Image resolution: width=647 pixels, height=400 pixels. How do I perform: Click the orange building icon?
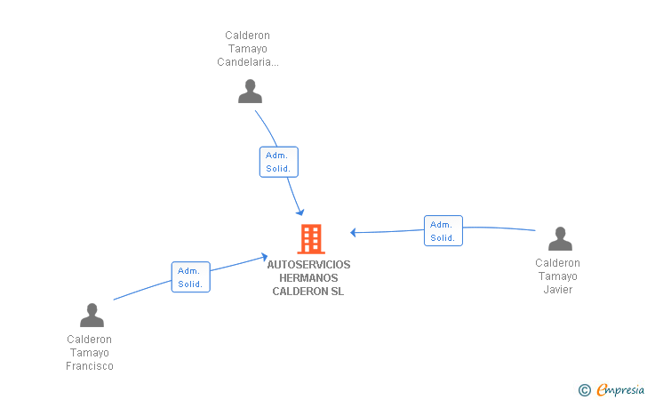[310, 238]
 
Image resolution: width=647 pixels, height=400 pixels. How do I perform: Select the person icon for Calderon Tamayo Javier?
[560, 239]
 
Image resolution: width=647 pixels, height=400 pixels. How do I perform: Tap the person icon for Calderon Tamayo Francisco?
[92, 315]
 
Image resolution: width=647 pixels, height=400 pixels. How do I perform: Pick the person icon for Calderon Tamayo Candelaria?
[251, 91]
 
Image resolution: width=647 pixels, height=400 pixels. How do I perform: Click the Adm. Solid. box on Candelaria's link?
[278, 162]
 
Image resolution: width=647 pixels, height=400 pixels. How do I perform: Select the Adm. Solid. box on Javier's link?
[443, 230]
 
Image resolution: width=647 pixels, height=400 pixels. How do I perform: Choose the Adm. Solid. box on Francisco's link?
[190, 277]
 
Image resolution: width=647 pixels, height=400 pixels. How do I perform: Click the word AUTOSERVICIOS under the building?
[308, 265]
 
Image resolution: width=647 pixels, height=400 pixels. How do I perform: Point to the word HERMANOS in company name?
[308, 278]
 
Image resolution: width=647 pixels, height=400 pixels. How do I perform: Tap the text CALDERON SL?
[308, 292]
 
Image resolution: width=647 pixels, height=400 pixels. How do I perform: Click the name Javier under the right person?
[557, 290]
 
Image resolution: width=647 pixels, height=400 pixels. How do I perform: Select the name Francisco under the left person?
[90, 366]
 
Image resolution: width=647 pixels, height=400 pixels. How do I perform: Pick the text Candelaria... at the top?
[248, 62]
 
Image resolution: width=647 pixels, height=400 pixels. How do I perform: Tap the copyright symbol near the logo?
[584, 389]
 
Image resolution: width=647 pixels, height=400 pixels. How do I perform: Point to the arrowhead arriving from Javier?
[354, 233]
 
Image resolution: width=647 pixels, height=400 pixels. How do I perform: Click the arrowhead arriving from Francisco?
[264, 257]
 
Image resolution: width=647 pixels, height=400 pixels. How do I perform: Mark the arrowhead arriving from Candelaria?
[300, 212]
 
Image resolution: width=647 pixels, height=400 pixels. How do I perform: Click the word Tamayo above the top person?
[247, 49]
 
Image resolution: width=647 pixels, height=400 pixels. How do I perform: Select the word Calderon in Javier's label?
[557, 263]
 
